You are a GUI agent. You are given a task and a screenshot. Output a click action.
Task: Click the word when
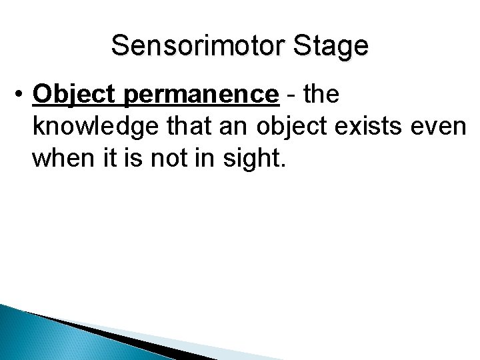coord(60,159)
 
